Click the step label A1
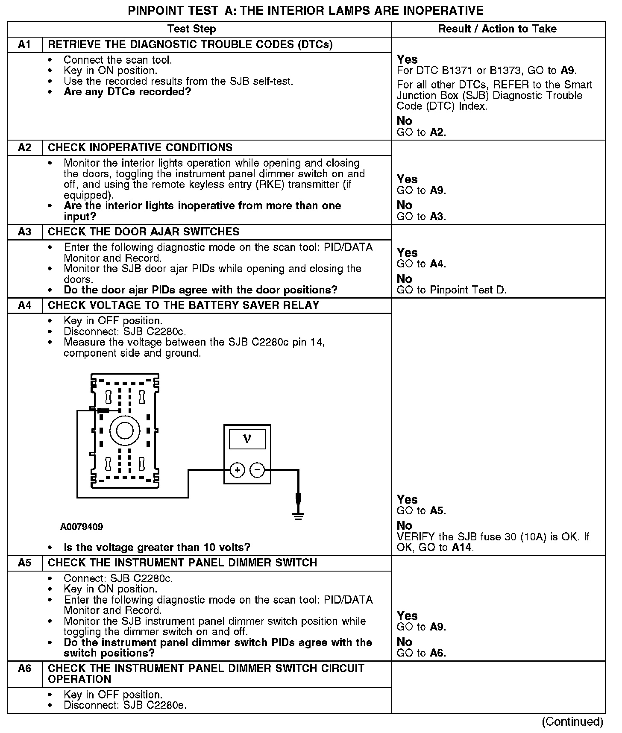click(25, 45)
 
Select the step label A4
click(25, 305)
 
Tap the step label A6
click(25, 668)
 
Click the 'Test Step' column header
click(191, 29)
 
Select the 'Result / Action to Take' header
click(498, 29)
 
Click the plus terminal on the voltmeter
click(238, 470)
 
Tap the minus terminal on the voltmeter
click(257, 470)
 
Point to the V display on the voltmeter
click(247, 439)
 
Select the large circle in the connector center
click(125, 431)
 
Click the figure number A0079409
click(82, 527)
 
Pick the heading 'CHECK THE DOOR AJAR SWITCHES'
click(144, 232)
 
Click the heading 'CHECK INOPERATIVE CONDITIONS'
click(140, 148)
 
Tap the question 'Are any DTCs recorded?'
click(127, 92)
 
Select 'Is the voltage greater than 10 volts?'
click(157, 547)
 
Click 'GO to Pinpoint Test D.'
click(452, 290)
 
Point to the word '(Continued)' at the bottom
click(572, 721)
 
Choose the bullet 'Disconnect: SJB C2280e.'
click(125, 705)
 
